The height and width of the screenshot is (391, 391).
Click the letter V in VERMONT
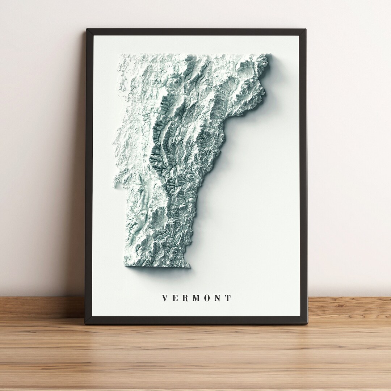point(165,298)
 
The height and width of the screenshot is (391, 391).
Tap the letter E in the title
point(175,298)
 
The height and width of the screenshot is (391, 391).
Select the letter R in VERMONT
point(185,298)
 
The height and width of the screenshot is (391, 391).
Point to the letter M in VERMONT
point(196,298)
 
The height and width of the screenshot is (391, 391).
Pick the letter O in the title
point(207,298)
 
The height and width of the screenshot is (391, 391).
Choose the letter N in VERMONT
point(218,298)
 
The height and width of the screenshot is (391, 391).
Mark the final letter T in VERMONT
point(228,298)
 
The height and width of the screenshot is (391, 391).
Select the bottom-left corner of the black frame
point(86,323)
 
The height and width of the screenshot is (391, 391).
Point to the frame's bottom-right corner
point(307,323)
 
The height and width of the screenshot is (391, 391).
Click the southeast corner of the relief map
point(190,267)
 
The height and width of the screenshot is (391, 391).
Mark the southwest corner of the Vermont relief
point(125,266)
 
